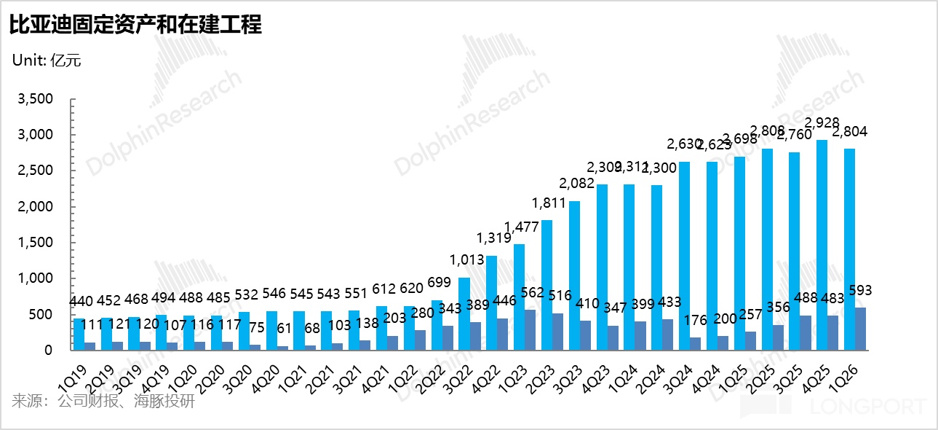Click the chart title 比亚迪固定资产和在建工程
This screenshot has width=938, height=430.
(135, 26)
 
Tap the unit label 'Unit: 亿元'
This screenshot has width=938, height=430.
(47, 60)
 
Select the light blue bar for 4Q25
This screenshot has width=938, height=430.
(822, 245)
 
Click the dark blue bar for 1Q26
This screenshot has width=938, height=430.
(860, 329)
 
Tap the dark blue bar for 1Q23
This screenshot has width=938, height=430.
(530, 330)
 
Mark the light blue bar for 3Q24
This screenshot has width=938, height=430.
(684, 256)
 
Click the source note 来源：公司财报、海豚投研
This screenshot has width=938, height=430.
(103, 401)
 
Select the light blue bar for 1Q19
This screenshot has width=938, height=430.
(79, 335)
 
